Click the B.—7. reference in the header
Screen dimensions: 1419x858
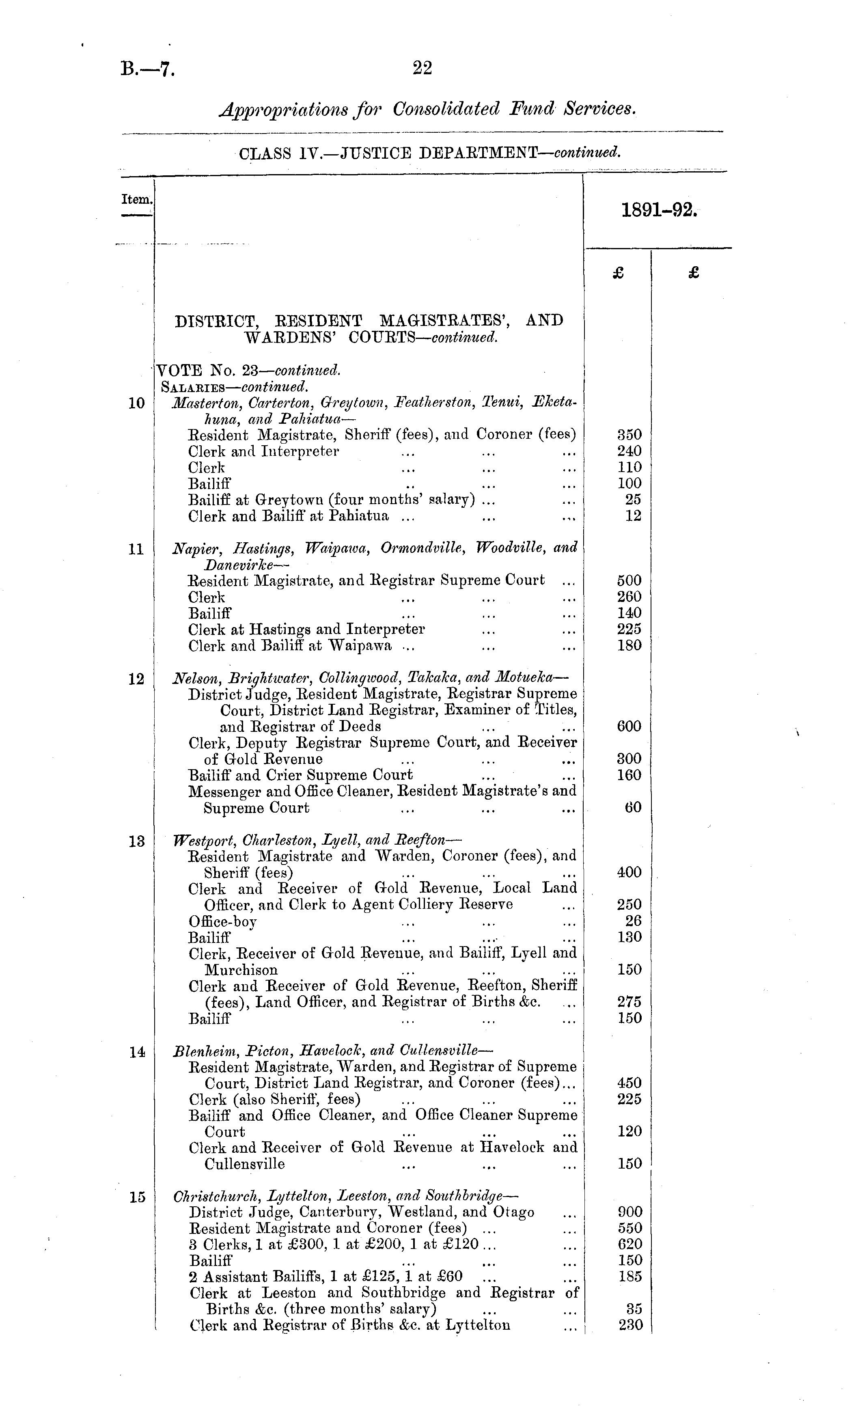147,70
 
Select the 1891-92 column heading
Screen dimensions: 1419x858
659,211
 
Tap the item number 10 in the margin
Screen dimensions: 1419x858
136,403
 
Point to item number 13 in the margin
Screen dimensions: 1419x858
136,841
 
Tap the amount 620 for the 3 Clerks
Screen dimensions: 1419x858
629,1244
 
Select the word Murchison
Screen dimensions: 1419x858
241,970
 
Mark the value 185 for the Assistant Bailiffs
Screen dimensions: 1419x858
630,1276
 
